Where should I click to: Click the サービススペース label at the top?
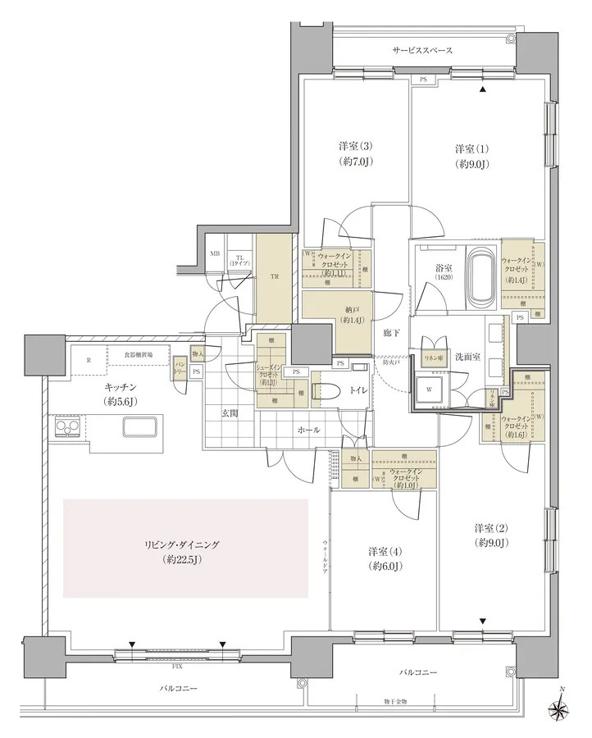coord(422,50)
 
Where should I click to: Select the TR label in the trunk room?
coord(275,277)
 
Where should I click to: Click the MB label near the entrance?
coord(215,255)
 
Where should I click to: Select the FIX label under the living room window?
coord(177,667)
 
